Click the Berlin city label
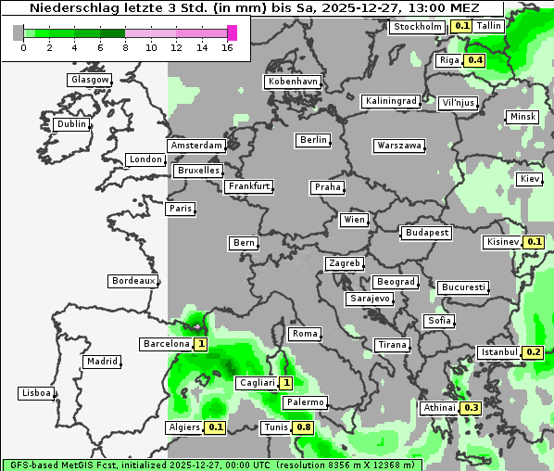tap(313, 140)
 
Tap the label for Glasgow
tap(89, 80)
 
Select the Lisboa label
tap(35, 393)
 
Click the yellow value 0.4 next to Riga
tap(475, 60)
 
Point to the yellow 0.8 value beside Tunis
tap(303, 427)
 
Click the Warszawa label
tap(399, 146)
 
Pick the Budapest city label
tap(426, 233)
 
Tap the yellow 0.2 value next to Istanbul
tap(533, 352)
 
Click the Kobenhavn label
tap(292, 82)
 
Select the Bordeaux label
tap(132, 281)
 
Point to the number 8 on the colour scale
tap(125, 46)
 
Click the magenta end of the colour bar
tap(232, 32)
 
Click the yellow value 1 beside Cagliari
tap(286, 383)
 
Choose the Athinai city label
tap(439, 408)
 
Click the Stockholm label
tap(417, 27)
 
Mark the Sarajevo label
tap(370, 299)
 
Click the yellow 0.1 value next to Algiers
tap(216, 427)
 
